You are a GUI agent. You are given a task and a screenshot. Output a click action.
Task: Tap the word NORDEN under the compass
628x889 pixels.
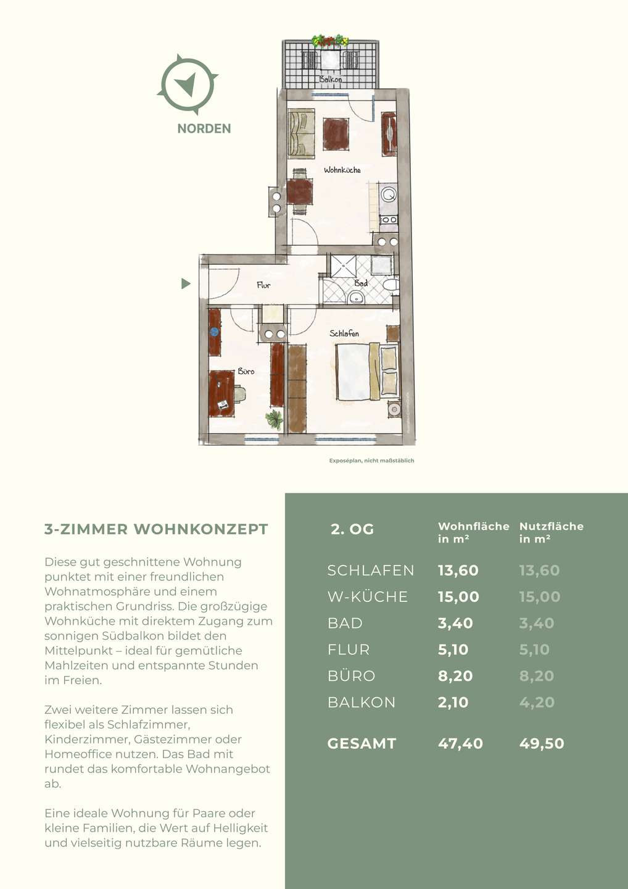pos(204,128)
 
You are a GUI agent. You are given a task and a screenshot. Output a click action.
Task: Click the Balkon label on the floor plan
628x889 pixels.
pos(331,79)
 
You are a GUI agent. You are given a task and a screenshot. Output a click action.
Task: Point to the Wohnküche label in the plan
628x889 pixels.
pos(342,170)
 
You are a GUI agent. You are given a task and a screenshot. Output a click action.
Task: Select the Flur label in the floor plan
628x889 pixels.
pos(263,285)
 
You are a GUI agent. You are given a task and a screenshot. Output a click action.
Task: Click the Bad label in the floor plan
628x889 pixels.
pos(361,283)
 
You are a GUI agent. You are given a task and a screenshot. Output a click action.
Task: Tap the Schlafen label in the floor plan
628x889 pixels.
pos(344,333)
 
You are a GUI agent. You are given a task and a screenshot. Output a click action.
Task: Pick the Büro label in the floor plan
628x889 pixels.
pos(246,372)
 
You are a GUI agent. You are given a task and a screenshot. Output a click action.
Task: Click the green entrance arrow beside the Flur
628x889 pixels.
pos(186,283)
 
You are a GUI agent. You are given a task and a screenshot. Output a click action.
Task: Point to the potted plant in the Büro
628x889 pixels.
pos(275,419)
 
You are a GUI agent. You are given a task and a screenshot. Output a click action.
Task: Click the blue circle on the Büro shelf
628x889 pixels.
pos(214,332)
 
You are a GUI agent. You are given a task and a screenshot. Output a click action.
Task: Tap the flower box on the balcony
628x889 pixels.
pos(330,41)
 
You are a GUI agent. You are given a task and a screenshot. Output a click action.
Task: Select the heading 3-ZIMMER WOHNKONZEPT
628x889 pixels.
pos(156,529)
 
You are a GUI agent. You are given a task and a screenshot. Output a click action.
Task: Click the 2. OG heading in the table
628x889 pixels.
pos(352,530)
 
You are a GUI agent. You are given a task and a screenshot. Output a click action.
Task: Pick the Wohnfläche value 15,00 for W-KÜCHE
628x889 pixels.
pos(458,596)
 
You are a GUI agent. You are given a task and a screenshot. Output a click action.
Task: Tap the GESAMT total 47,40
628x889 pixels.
pos(460,743)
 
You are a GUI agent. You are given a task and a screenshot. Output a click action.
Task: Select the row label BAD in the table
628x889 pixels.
pos(345,623)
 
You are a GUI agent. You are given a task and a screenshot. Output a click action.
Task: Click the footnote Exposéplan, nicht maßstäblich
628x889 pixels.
pos(371,461)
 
